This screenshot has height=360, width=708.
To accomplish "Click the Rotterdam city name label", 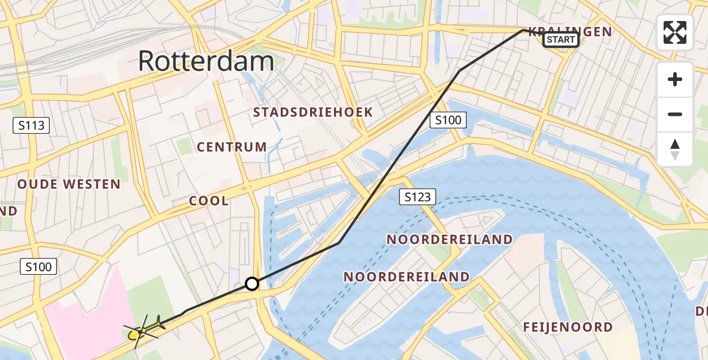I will pyautogui.click(x=206, y=61).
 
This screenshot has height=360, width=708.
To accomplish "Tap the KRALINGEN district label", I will pyautogui.click(x=570, y=31).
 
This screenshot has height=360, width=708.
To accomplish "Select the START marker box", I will pyautogui.click(x=560, y=40).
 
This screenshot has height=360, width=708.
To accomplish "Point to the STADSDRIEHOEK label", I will pyautogui.click(x=313, y=112).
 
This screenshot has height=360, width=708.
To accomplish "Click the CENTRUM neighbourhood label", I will pyautogui.click(x=232, y=146).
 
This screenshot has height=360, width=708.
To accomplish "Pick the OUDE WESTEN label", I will pyautogui.click(x=69, y=184).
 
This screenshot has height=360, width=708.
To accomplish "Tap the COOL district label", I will pyautogui.click(x=209, y=201).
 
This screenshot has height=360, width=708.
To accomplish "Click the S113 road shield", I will pyautogui.click(x=31, y=125).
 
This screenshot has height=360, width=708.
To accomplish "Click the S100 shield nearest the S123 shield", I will pyautogui.click(x=448, y=120).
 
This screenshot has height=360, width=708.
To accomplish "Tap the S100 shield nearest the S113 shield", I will pyautogui.click(x=39, y=266).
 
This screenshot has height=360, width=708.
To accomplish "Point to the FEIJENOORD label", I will pyautogui.click(x=568, y=327).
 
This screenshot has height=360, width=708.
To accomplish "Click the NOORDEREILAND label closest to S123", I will pyautogui.click(x=449, y=239).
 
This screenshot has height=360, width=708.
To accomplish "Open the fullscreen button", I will pyautogui.click(x=675, y=32).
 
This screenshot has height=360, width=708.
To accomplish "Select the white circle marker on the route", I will pyautogui.click(x=252, y=284).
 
